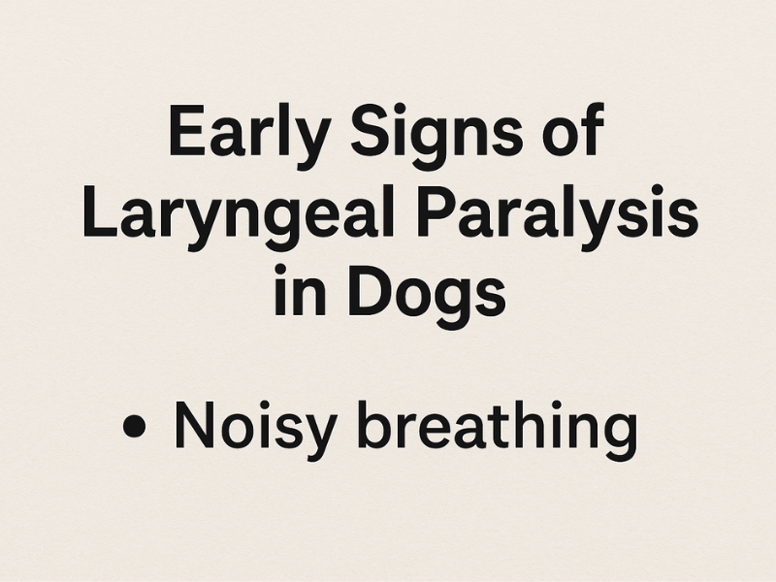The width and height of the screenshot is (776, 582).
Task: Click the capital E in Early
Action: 185,133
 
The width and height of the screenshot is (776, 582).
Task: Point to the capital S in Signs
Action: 366,133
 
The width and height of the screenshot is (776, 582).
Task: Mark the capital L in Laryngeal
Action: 98,215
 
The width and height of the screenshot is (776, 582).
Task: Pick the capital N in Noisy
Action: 193,428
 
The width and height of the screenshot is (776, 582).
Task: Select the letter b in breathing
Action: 387,428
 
